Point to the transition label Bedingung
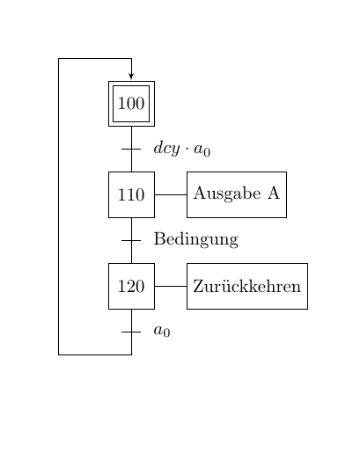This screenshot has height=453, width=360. coord(196,240)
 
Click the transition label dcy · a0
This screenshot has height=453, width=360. coord(182,149)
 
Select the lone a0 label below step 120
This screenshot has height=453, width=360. coord(162,331)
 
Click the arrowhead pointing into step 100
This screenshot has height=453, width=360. coord(131,76)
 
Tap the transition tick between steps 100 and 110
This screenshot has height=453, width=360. coord(131,149)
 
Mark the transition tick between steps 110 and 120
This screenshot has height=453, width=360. coord(131,240)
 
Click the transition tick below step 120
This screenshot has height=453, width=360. coord(131,332)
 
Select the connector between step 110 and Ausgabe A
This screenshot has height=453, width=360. coord(171,194)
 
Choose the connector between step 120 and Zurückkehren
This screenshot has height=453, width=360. coord(171,286)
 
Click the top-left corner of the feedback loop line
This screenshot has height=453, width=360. coord(59,59)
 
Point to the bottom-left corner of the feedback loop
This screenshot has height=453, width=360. coord(59,354)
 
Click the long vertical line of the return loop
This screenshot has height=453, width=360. coord(59,207)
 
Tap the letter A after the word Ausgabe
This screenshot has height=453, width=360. coord(274,193)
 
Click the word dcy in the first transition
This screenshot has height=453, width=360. coord(166,149)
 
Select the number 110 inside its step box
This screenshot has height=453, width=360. coord(131,194)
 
